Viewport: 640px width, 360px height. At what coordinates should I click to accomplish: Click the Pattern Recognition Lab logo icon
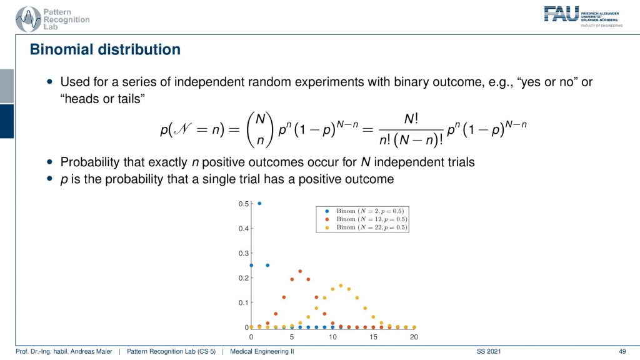click(x=27, y=19)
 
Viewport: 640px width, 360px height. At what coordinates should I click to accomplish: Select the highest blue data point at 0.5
click(x=259, y=203)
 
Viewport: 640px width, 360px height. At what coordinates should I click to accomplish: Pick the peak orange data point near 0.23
click(x=300, y=271)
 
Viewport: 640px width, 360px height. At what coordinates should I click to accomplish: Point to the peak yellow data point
click(x=341, y=286)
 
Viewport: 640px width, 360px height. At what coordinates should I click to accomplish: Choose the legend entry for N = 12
click(x=366, y=219)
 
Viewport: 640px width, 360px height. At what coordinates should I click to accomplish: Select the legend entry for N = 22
click(x=366, y=227)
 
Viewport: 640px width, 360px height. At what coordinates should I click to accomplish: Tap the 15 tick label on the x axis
click(x=373, y=337)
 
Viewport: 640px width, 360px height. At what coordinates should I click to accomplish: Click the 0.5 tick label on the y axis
click(x=243, y=204)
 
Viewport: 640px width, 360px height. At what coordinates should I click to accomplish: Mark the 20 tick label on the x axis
click(x=414, y=337)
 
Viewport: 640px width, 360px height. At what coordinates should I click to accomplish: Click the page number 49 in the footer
click(x=622, y=351)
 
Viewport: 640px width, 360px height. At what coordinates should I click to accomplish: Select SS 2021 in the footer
click(x=489, y=351)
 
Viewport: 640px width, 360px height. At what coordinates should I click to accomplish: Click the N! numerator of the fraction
click(x=411, y=119)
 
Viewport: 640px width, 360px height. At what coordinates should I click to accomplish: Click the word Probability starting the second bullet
click(x=90, y=162)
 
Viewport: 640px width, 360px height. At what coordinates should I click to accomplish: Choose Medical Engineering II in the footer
click(x=262, y=351)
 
